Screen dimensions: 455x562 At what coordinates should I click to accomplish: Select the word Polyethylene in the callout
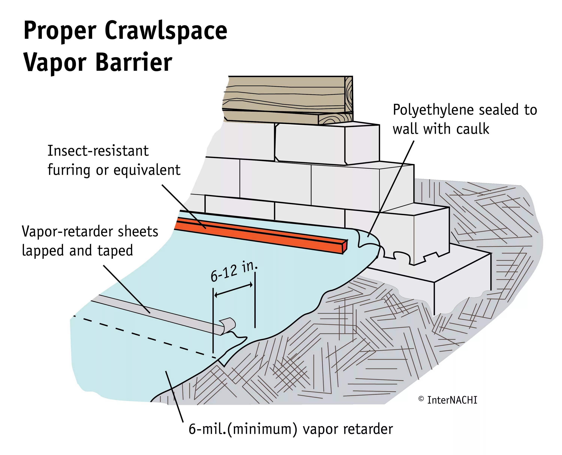point(434,110)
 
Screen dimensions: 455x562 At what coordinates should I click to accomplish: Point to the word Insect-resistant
point(98,151)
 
